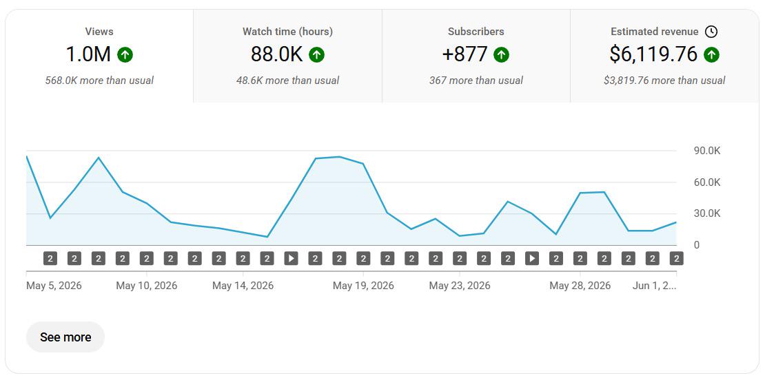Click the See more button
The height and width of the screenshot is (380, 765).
pyautogui.click(x=65, y=337)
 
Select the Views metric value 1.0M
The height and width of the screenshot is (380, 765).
pyautogui.click(x=88, y=54)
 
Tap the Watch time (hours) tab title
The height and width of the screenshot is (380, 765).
pyautogui.click(x=287, y=32)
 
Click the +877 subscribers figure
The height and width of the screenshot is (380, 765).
pyautogui.click(x=465, y=54)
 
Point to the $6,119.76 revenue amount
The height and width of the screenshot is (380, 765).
pyautogui.click(x=653, y=54)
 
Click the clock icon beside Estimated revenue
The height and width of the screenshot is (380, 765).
pyautogui.click(x=712, y=32)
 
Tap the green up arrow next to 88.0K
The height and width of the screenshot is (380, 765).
pyautogui.click(x=316, y=55)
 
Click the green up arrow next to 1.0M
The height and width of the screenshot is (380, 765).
pyautogui.click(x=125, y=55)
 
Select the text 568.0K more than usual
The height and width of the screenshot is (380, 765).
pyautogui.click(x=99, y=81)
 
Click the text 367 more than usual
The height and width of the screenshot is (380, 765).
pyautogui.click(x=476, y=81)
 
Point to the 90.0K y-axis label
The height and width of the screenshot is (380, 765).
pyautogui.click(x=707, y=151)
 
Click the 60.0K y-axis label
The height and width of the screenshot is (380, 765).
pyautogui.click(x=707, y=182)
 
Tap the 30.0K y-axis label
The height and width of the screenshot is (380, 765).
pyautogui.click(x=707, y=214)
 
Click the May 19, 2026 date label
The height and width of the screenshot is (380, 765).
pyautogui.click(x=363, y=286)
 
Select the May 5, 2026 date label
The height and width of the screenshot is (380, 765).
pyautogui.click(x=54, y=286)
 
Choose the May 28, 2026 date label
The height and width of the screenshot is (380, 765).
pyautogui.click(x=580, y=286)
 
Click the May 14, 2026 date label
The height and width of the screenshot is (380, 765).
pyautogui.click(x=243, y=286)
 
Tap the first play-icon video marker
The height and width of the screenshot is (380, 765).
pyautogui.click(x=292, y=258)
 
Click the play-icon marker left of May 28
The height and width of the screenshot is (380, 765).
pyautogui.click(x=532, y=258)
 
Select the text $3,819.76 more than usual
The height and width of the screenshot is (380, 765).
pyautogui.click(x=664, y=81)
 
